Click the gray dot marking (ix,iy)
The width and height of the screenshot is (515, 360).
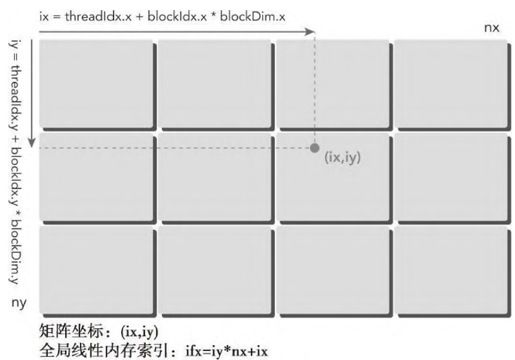pyautogui.click(x=314, y=148)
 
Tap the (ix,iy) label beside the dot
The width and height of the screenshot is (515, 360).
pyautogui.click(x=342, y=157)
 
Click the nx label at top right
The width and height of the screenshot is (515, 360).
pyautogui.click(x=492, y=28)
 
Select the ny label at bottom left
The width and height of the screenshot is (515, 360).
pyautogui.click(x=19, y=303)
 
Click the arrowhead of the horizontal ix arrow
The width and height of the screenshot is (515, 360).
pyautogui.click(x=309, y=32)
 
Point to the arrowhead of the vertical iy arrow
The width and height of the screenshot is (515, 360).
pyautogui.click(x=32, y=143)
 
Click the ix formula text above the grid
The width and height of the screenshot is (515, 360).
pyautogui.click(x=163, y=16)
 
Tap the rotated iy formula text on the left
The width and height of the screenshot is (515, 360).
pyautogui.click(x=15, y=161)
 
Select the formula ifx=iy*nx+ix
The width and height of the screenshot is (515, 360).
pyautogui.click(x=226, y=352)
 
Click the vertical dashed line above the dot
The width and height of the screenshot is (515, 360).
pyautogui.click(x=315, y=88)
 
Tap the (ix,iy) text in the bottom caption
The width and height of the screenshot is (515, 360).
pyautogui.click(x=140, y=332)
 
